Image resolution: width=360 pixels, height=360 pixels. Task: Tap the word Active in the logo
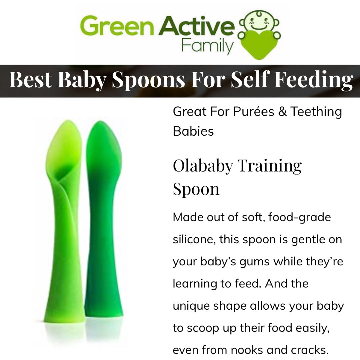[197, 26]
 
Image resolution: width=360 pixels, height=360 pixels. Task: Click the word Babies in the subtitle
[193, 131]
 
